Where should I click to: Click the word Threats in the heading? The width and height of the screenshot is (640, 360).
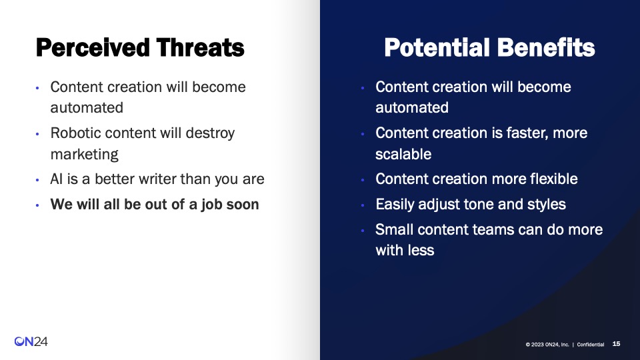pyautogui.click(x=201, y=48)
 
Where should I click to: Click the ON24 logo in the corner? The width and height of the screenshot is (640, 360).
pyautogui.click(x=31, y=341)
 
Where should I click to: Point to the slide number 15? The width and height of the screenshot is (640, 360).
pyautogui.click(x=616, y=344)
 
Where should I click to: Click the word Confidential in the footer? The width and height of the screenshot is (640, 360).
pyautogui.click(x=590, y=345)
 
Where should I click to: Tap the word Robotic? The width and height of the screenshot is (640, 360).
pyautogui.click(x=75, y=133)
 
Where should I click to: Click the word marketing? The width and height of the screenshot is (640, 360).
pyautogui.click(x=84, y=155)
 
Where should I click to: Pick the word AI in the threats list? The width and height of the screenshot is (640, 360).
pyautogui.click(x=56, y=179)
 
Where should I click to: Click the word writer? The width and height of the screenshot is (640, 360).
pyautogui.click(x=155, y=179)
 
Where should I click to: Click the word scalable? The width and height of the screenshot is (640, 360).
pyautogui.click(x=403, y=154)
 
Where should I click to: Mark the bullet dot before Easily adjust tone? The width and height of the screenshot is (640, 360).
pyautogui.click(x=363, y=205)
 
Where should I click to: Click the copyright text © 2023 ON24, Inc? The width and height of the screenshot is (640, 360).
pyautogui.click(x=547, y=345)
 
